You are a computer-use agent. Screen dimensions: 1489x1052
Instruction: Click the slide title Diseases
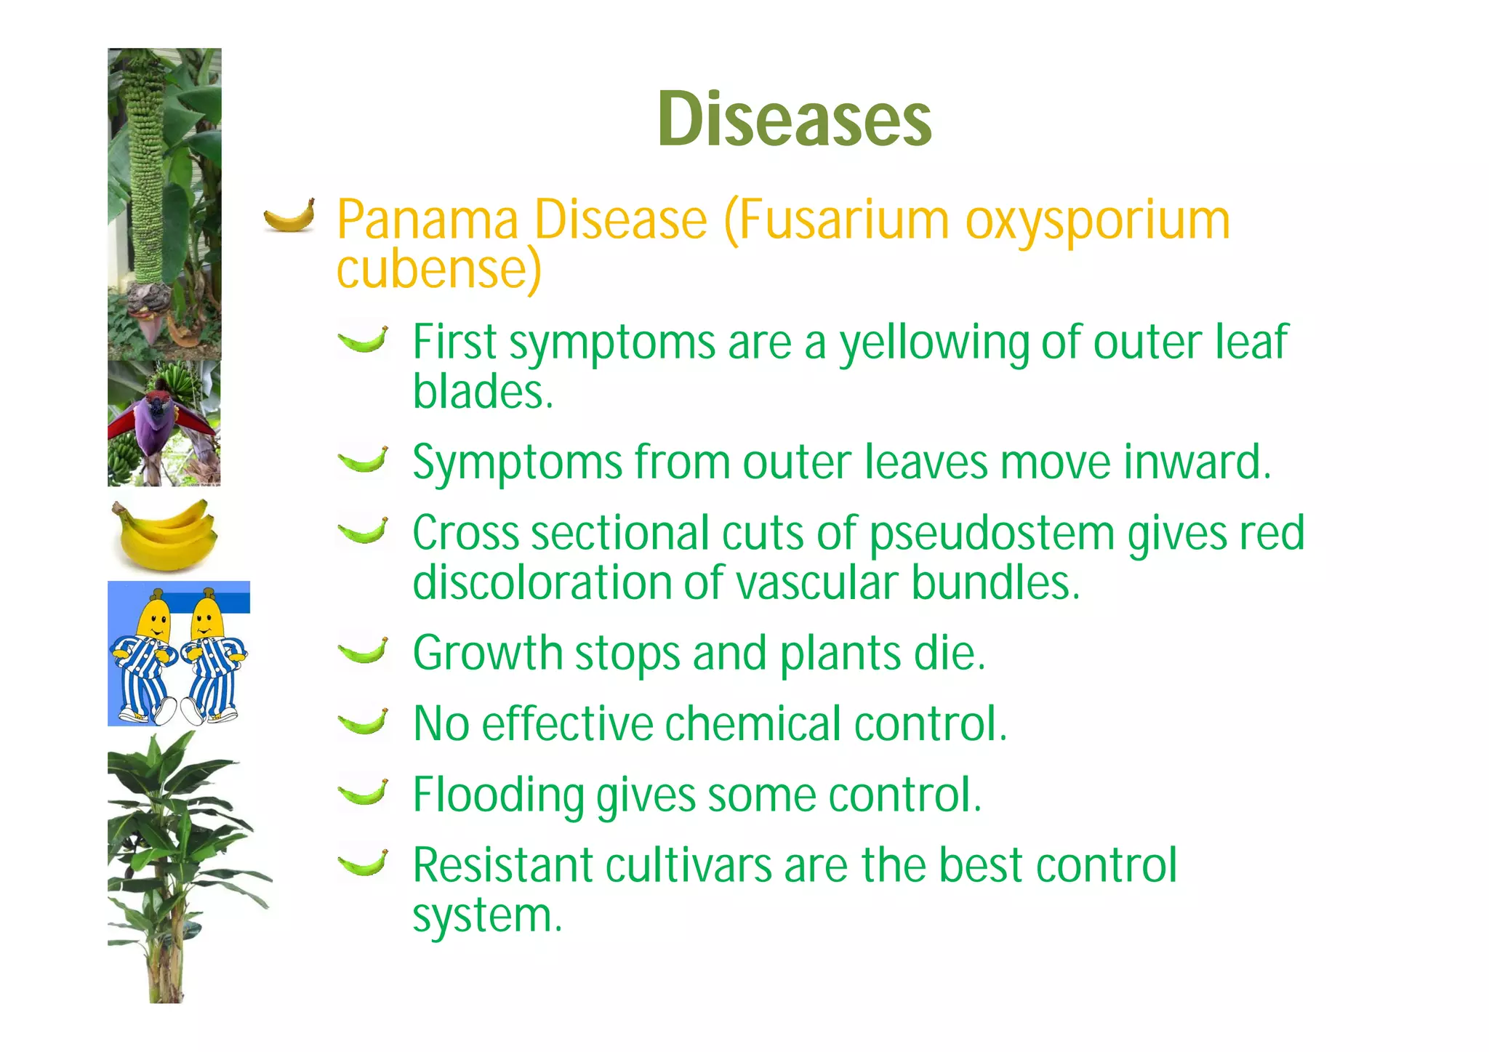tap(794, 119)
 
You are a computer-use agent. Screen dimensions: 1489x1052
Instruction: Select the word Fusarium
tap(844, 220)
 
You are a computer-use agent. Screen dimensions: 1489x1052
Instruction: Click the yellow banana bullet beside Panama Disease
tap(289, 215)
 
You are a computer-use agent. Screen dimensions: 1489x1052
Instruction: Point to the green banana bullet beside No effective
tap(363, 722)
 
